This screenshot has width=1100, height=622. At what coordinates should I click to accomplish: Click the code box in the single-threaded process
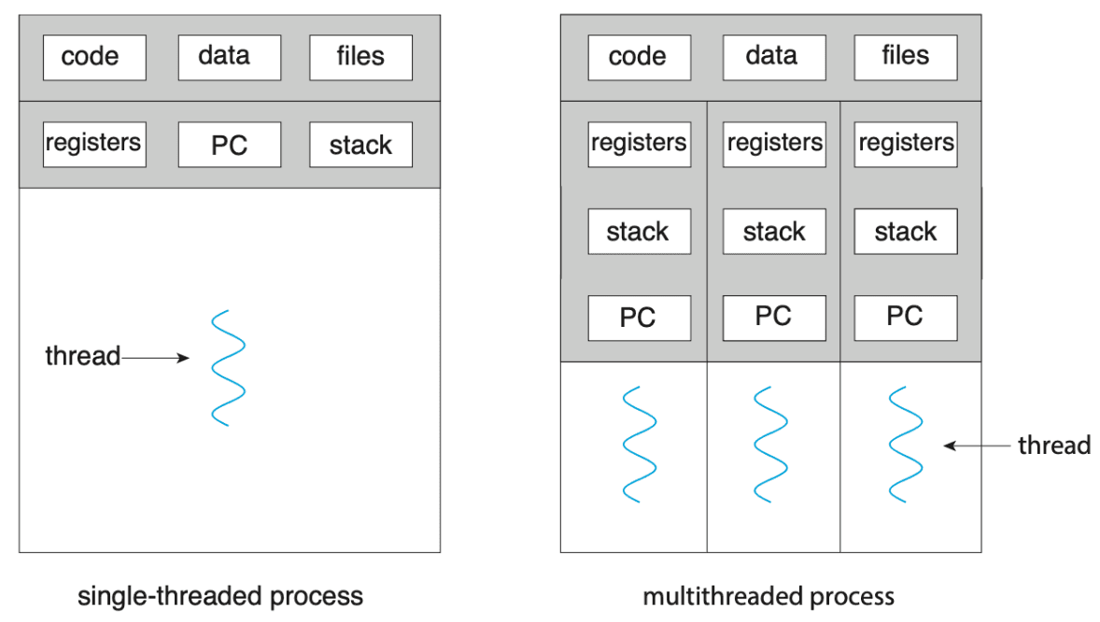click(94, 58)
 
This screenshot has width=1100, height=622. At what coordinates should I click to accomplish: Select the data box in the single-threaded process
click(230, 58)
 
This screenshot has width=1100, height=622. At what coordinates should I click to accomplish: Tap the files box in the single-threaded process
click(360, 58)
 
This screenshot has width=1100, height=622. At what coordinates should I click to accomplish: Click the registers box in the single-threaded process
click(94, 145)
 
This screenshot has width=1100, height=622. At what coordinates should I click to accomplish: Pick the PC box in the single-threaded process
click(230, 145)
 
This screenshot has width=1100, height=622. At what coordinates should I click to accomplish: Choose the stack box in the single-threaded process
click(360, 145)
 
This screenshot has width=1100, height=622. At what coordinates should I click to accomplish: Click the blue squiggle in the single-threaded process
click(228, 368)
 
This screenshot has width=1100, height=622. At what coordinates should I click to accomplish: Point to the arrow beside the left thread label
click(155, 358)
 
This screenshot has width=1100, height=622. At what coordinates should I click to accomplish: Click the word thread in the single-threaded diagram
click(83, 356)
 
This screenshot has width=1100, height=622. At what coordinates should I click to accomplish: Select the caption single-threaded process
click(220, 596)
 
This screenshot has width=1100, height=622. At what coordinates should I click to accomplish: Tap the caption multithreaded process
click(769, 596)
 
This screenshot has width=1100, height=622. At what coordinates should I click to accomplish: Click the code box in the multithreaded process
click(639, 58)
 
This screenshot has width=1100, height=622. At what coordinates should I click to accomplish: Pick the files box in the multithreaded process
click(906, 58)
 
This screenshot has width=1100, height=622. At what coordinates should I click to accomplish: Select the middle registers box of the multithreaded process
click(774, 145)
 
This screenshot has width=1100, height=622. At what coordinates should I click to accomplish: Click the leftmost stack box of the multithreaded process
click(639, 232)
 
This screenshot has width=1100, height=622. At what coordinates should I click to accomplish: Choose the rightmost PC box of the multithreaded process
click(906, 318)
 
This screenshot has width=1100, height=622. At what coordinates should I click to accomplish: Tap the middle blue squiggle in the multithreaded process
click(771, 445)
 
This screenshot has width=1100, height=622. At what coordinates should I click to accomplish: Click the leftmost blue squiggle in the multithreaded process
click(640, 445)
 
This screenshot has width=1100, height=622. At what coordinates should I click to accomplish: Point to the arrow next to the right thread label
click(978, 445)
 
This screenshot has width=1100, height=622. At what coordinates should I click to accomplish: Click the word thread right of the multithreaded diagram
click(1054, 445)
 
